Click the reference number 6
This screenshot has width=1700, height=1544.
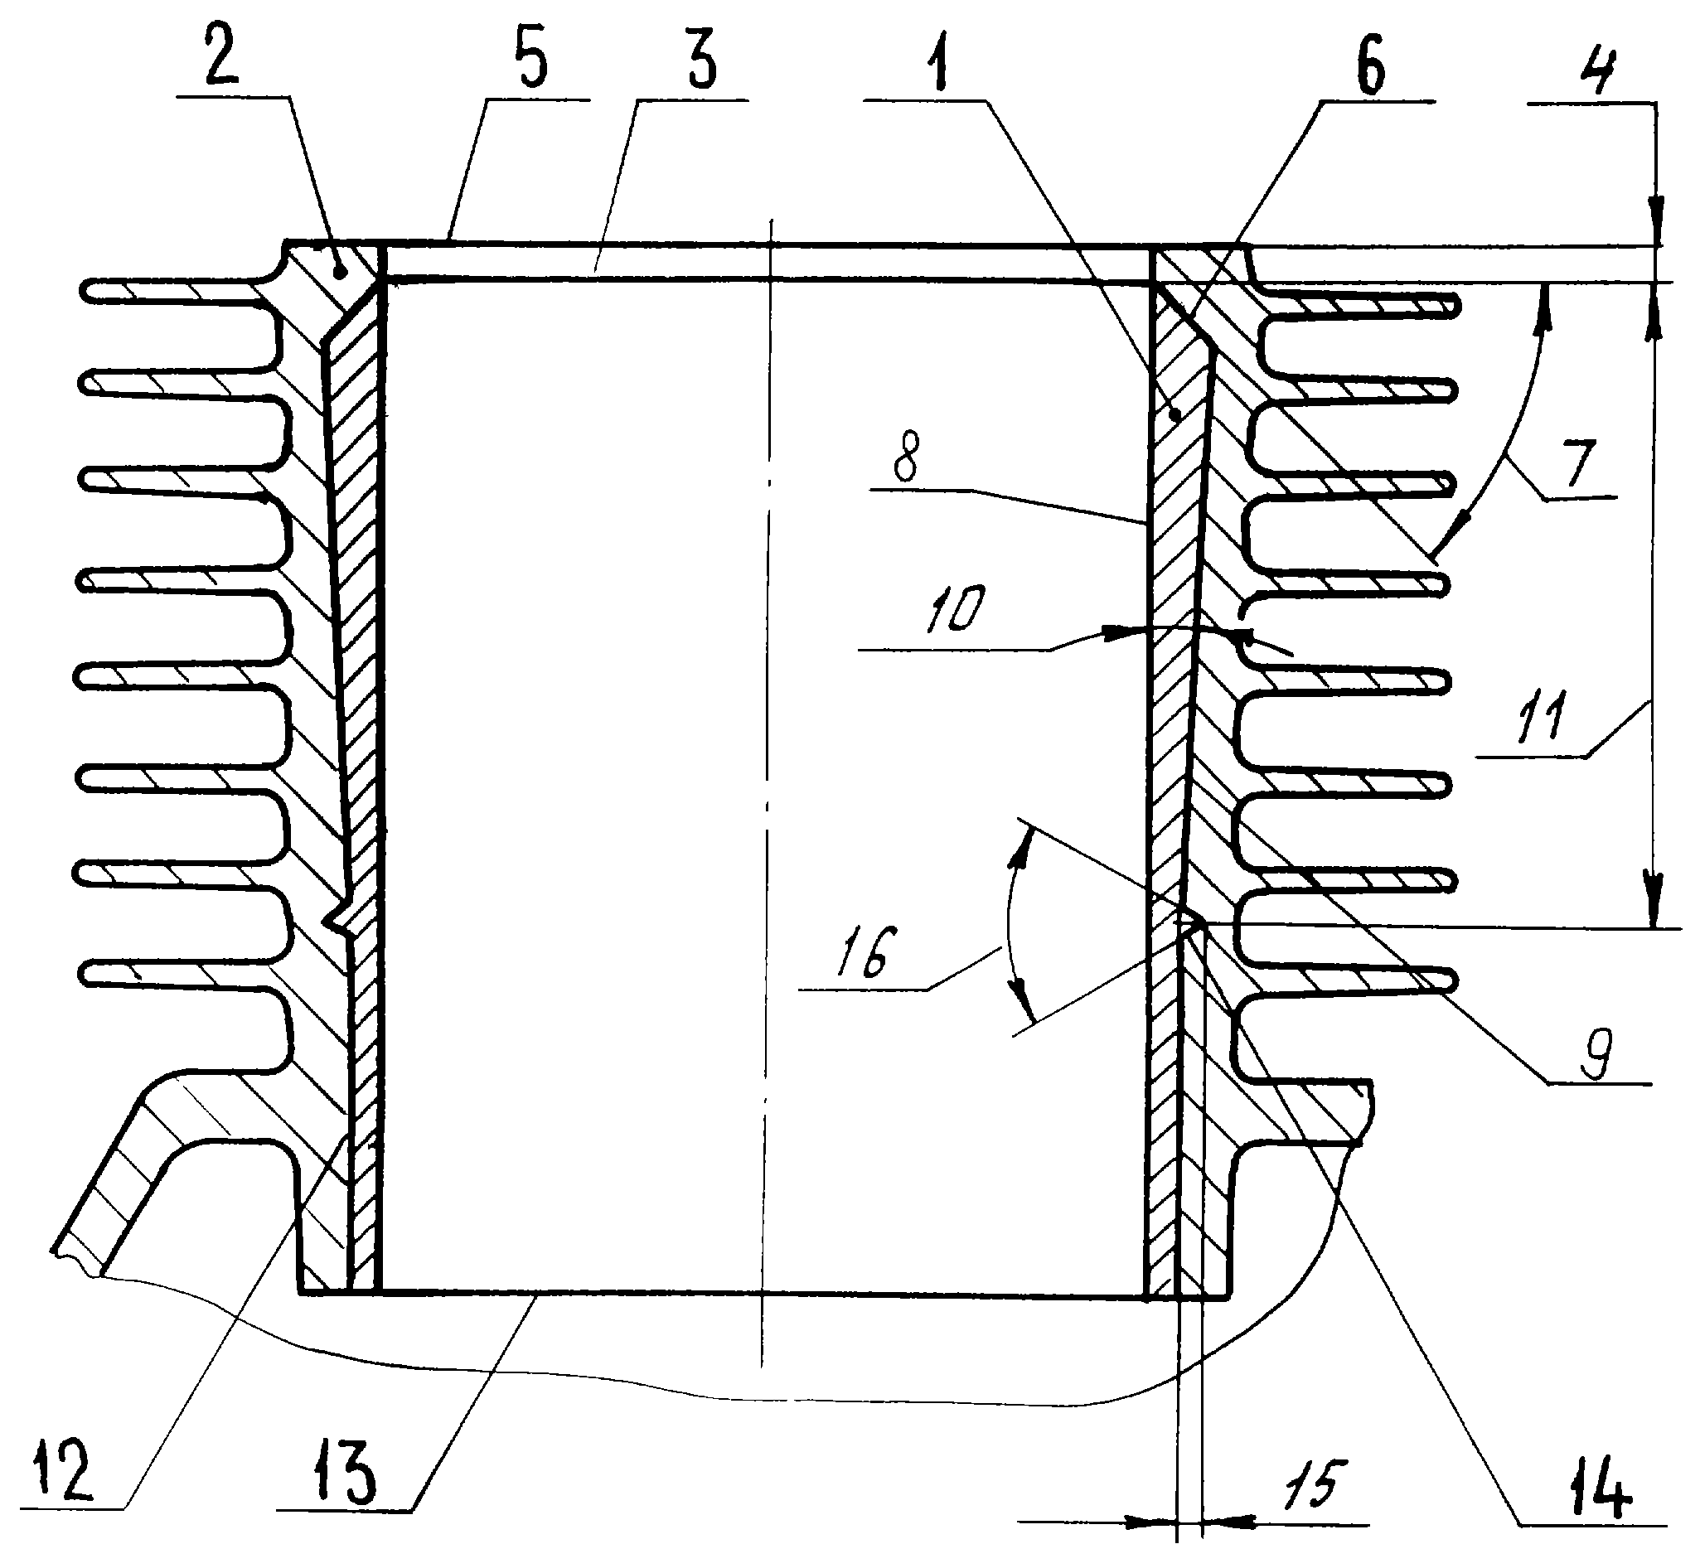coord(1371,64)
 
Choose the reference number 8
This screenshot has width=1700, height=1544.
coord(906,456)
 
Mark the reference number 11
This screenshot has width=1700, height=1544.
coord(1543,718)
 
